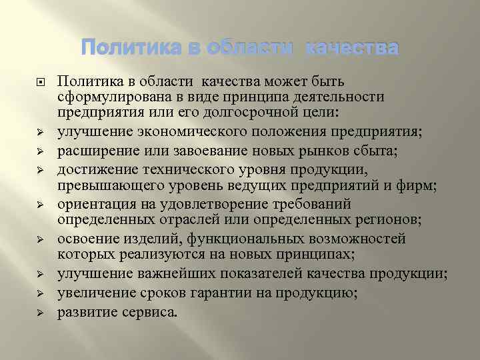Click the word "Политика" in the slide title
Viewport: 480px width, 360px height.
tap(126, 49)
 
